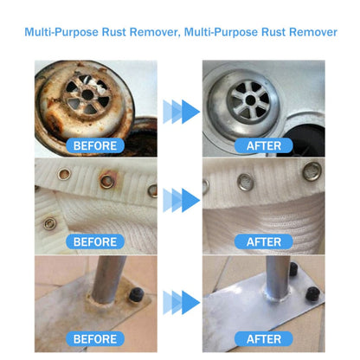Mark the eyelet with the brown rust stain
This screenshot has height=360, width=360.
106,182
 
